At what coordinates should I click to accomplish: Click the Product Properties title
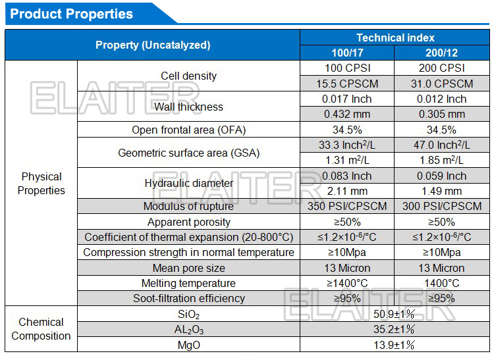[72, 14]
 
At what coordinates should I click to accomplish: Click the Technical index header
[395, 38]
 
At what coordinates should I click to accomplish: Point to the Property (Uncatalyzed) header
[153, 45]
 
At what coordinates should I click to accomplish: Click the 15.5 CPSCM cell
[347, 84]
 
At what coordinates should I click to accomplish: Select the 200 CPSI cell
[441, 68]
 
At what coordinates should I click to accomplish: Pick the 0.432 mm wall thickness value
[347, 114]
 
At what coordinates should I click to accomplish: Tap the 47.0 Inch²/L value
[441, 145]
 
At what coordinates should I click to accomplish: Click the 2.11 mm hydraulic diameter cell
[347, 191]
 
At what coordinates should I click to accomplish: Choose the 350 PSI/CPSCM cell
[347, 206]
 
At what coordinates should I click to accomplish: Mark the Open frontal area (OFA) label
[188, 130]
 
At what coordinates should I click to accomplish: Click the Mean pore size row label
[188, 268]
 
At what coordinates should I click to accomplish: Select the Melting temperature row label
[188, 283]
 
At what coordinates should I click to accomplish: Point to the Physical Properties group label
[41, 184]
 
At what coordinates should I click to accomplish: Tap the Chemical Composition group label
[41, 329]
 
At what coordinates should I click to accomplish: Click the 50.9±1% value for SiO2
[395, 314]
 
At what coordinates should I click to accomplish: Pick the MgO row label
[188, 345]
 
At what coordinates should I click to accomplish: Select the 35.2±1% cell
[395, 329]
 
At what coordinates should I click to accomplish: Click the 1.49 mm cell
[441, 191]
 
